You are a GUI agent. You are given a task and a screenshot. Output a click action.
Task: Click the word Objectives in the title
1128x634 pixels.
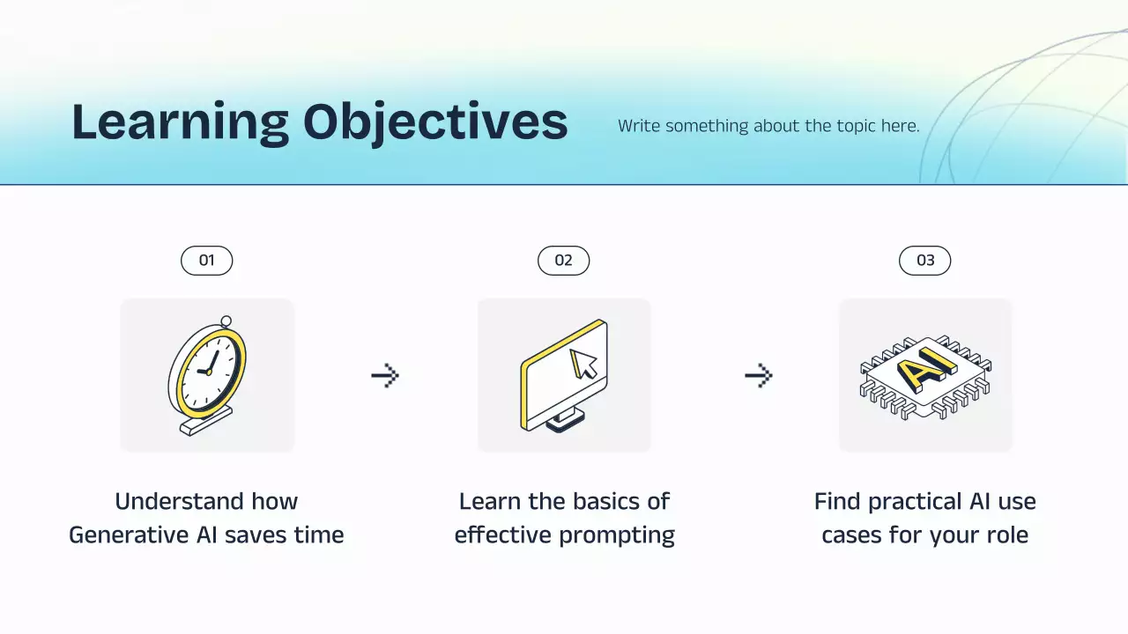[435, 122]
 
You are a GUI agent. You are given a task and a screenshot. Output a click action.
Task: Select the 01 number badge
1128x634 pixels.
[207, 261]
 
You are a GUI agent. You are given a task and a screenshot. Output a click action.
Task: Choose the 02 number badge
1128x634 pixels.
[563, 261]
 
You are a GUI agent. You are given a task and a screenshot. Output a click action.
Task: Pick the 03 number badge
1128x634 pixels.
[925, 261]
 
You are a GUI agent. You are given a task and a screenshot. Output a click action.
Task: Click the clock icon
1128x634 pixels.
[207, 375]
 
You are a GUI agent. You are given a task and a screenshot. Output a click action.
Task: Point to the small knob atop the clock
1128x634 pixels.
[226, 321]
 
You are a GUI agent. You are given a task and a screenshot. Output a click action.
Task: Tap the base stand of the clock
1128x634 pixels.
[206, 421]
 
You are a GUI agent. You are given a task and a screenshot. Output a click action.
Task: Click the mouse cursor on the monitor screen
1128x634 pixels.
[583, 364]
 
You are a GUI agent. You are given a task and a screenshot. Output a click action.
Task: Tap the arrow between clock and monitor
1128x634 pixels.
[385, 375]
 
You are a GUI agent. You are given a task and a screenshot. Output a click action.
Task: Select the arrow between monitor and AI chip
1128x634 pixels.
[759, 375]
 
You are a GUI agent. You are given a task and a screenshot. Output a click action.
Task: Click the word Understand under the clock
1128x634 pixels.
[179, 502]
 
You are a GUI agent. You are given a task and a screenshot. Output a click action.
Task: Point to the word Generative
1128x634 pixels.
[130, 534]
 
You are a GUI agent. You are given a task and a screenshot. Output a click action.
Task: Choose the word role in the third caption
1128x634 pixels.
[1007, 534]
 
